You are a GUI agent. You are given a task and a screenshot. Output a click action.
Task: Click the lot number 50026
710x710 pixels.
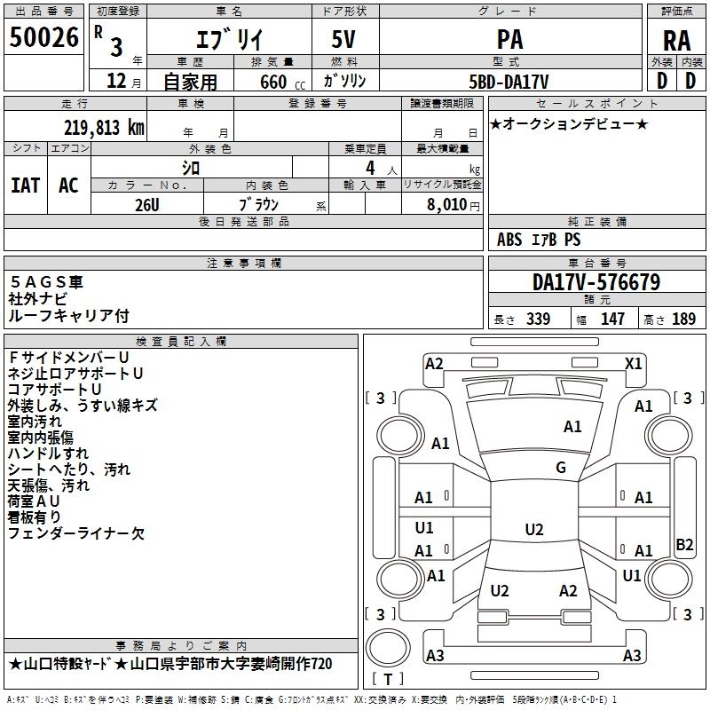click(43, 36)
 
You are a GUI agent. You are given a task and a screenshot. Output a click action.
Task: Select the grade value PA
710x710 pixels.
click(509, 39)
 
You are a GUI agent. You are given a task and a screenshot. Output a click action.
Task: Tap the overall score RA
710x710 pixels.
click(676, 41)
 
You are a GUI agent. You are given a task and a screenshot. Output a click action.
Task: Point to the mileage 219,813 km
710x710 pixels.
click(104, 128)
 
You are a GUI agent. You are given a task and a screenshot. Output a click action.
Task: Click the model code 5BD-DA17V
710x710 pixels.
click(509, 82)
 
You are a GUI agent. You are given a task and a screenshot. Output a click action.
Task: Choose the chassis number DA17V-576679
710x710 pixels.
click(596, 282)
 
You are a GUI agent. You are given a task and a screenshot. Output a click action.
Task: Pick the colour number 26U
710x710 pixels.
click(147, 205)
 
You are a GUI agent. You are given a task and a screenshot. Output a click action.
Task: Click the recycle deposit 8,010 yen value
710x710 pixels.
click(453, 205)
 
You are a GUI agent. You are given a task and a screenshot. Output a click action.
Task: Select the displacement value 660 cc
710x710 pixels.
click(282, 82)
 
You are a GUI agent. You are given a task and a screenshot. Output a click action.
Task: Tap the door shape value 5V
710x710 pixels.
click(343, 39)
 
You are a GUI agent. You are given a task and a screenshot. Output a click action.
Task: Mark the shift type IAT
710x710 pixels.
click(25, 185)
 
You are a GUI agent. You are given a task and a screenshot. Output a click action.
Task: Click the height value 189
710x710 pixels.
click(683, 319)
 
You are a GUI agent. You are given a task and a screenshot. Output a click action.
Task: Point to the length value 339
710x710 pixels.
click(538, 319)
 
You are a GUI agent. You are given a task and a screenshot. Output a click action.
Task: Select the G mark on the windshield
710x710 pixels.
click(561, 468)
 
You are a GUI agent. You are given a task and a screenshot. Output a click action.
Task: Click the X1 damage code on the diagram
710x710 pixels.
click(633, 364)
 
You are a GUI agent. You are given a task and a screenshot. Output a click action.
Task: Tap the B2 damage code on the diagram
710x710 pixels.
click(684, 544)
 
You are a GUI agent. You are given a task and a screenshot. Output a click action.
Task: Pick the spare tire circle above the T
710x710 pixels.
click(388, 648)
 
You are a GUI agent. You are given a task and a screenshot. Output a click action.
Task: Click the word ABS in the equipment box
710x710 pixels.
click(509, 240)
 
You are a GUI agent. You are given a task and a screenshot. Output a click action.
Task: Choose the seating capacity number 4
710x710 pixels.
click(370, 168)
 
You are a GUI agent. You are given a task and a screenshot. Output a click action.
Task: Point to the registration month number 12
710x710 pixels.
click(116, 81)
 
